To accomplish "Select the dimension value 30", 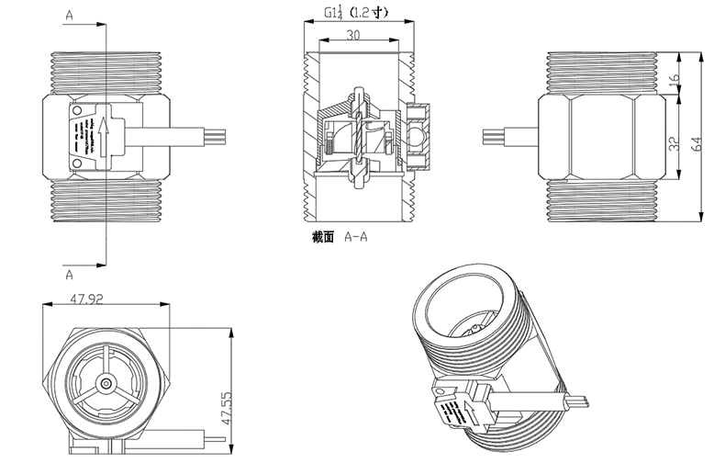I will click(x=354, y=35).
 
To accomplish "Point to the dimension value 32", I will click(x=676, y=144).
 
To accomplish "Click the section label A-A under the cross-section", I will click(x=355, y=236).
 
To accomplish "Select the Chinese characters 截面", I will click(x=323, y=236).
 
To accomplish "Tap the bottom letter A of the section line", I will click(x=71, y=273).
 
